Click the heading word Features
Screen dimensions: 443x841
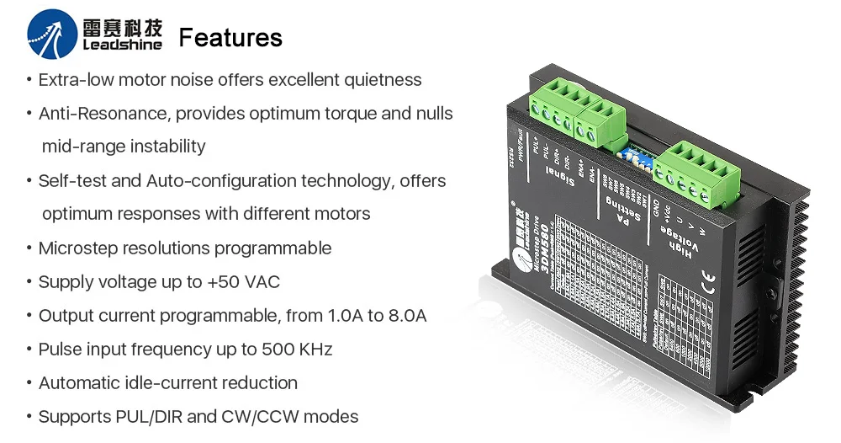230,38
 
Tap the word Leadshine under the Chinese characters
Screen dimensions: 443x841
122,46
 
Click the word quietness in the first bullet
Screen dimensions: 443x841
383,80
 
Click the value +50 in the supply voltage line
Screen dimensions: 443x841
227,282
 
